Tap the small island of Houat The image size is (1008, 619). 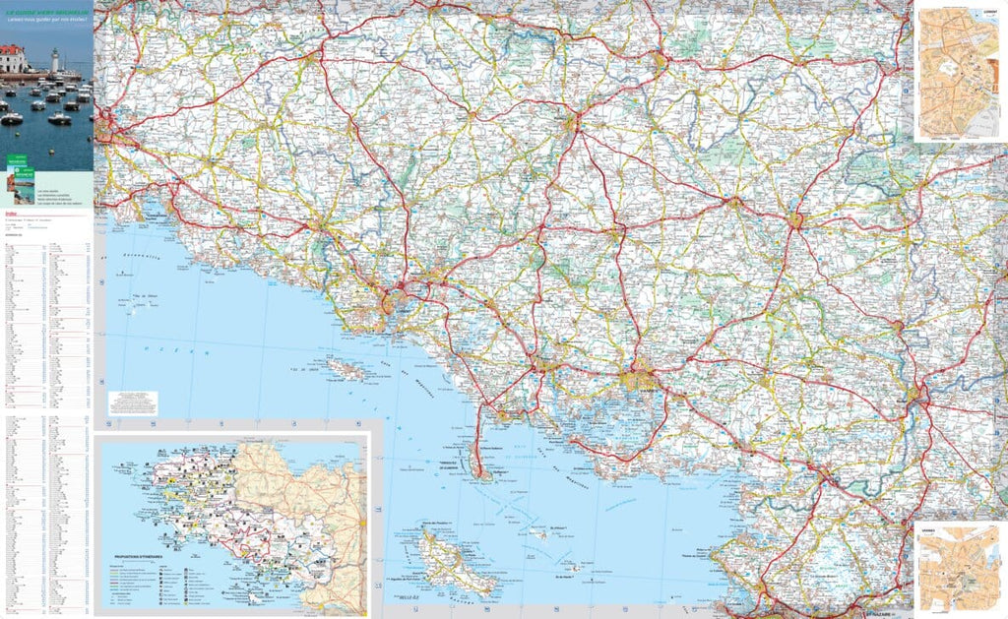tap(538, 532)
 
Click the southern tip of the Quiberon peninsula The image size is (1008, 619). tap(483, 475)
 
